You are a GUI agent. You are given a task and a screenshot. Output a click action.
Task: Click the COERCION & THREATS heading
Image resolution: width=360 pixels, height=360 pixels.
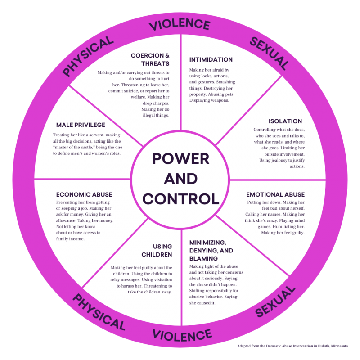tap(150, 59)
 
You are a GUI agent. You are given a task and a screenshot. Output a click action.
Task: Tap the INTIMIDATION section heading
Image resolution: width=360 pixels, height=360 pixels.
tap(211, 59)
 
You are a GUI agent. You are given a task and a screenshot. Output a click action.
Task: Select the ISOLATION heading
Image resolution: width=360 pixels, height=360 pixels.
tap(285, 121)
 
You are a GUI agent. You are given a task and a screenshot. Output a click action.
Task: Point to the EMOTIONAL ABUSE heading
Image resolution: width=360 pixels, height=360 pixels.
tap(275, 195)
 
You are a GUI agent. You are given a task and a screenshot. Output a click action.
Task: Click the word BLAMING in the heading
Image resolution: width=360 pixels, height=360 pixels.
tap(204, 259)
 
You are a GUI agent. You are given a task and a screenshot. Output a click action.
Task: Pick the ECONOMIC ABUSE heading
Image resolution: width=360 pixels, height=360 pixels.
tap(84, 195)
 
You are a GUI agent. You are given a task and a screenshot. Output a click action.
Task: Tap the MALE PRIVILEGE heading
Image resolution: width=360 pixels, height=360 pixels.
tap(81, 125)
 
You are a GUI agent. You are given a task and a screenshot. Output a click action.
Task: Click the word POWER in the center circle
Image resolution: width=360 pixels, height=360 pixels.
tap(180, 158)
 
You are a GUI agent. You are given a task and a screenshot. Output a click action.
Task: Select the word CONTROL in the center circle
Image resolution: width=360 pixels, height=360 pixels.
tap(180, 198)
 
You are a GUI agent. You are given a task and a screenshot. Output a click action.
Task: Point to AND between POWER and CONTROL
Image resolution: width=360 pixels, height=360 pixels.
tap(180, 179)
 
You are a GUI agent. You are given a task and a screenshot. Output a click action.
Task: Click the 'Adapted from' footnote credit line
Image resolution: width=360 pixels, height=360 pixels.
tap(292, 346)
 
